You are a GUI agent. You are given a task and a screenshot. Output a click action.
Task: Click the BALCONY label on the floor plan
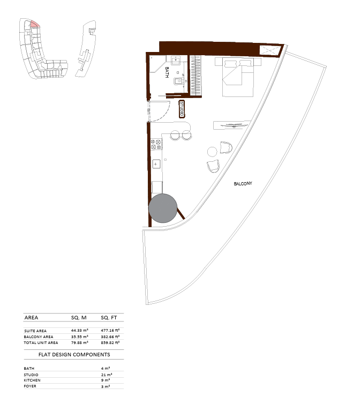(x=243, y=184)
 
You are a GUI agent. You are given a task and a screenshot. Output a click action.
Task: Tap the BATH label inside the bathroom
(x=167, y=72)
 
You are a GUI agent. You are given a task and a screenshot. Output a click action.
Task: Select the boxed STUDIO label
(x=182, y=109)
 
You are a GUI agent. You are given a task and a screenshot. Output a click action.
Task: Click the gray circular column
(x=163, y=208)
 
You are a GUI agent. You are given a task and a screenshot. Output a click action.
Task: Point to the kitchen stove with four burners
(x=156, y=144)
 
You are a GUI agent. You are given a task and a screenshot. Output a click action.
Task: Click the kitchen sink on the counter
(x=156, y=164)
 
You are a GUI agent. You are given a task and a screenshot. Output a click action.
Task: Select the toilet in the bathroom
(x=178, y=81)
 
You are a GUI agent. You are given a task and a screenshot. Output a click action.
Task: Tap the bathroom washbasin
(x=176, y=61)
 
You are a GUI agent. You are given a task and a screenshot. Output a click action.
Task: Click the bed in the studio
(x=238, y=77)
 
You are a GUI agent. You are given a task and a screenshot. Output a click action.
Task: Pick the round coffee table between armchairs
(x=212, y=152)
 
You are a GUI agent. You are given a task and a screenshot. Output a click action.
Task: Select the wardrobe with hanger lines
(x=195, y=76)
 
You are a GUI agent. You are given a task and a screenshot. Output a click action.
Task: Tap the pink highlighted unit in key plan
(x=35, y=24)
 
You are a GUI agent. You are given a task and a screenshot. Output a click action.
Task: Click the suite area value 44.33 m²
(x=79, y=330)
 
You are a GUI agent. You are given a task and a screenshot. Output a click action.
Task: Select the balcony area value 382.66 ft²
(x=110, y=337)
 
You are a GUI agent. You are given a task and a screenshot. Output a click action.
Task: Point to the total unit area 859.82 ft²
(x=110, y=343)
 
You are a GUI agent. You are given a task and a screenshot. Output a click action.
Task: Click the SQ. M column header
(x=79, y=318)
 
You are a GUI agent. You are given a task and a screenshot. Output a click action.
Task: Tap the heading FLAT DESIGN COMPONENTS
(x=74, y=355)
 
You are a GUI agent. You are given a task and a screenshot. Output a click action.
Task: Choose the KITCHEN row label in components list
(x=32, y=380)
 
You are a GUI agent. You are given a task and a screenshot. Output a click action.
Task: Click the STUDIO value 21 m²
(x=107, y=375)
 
